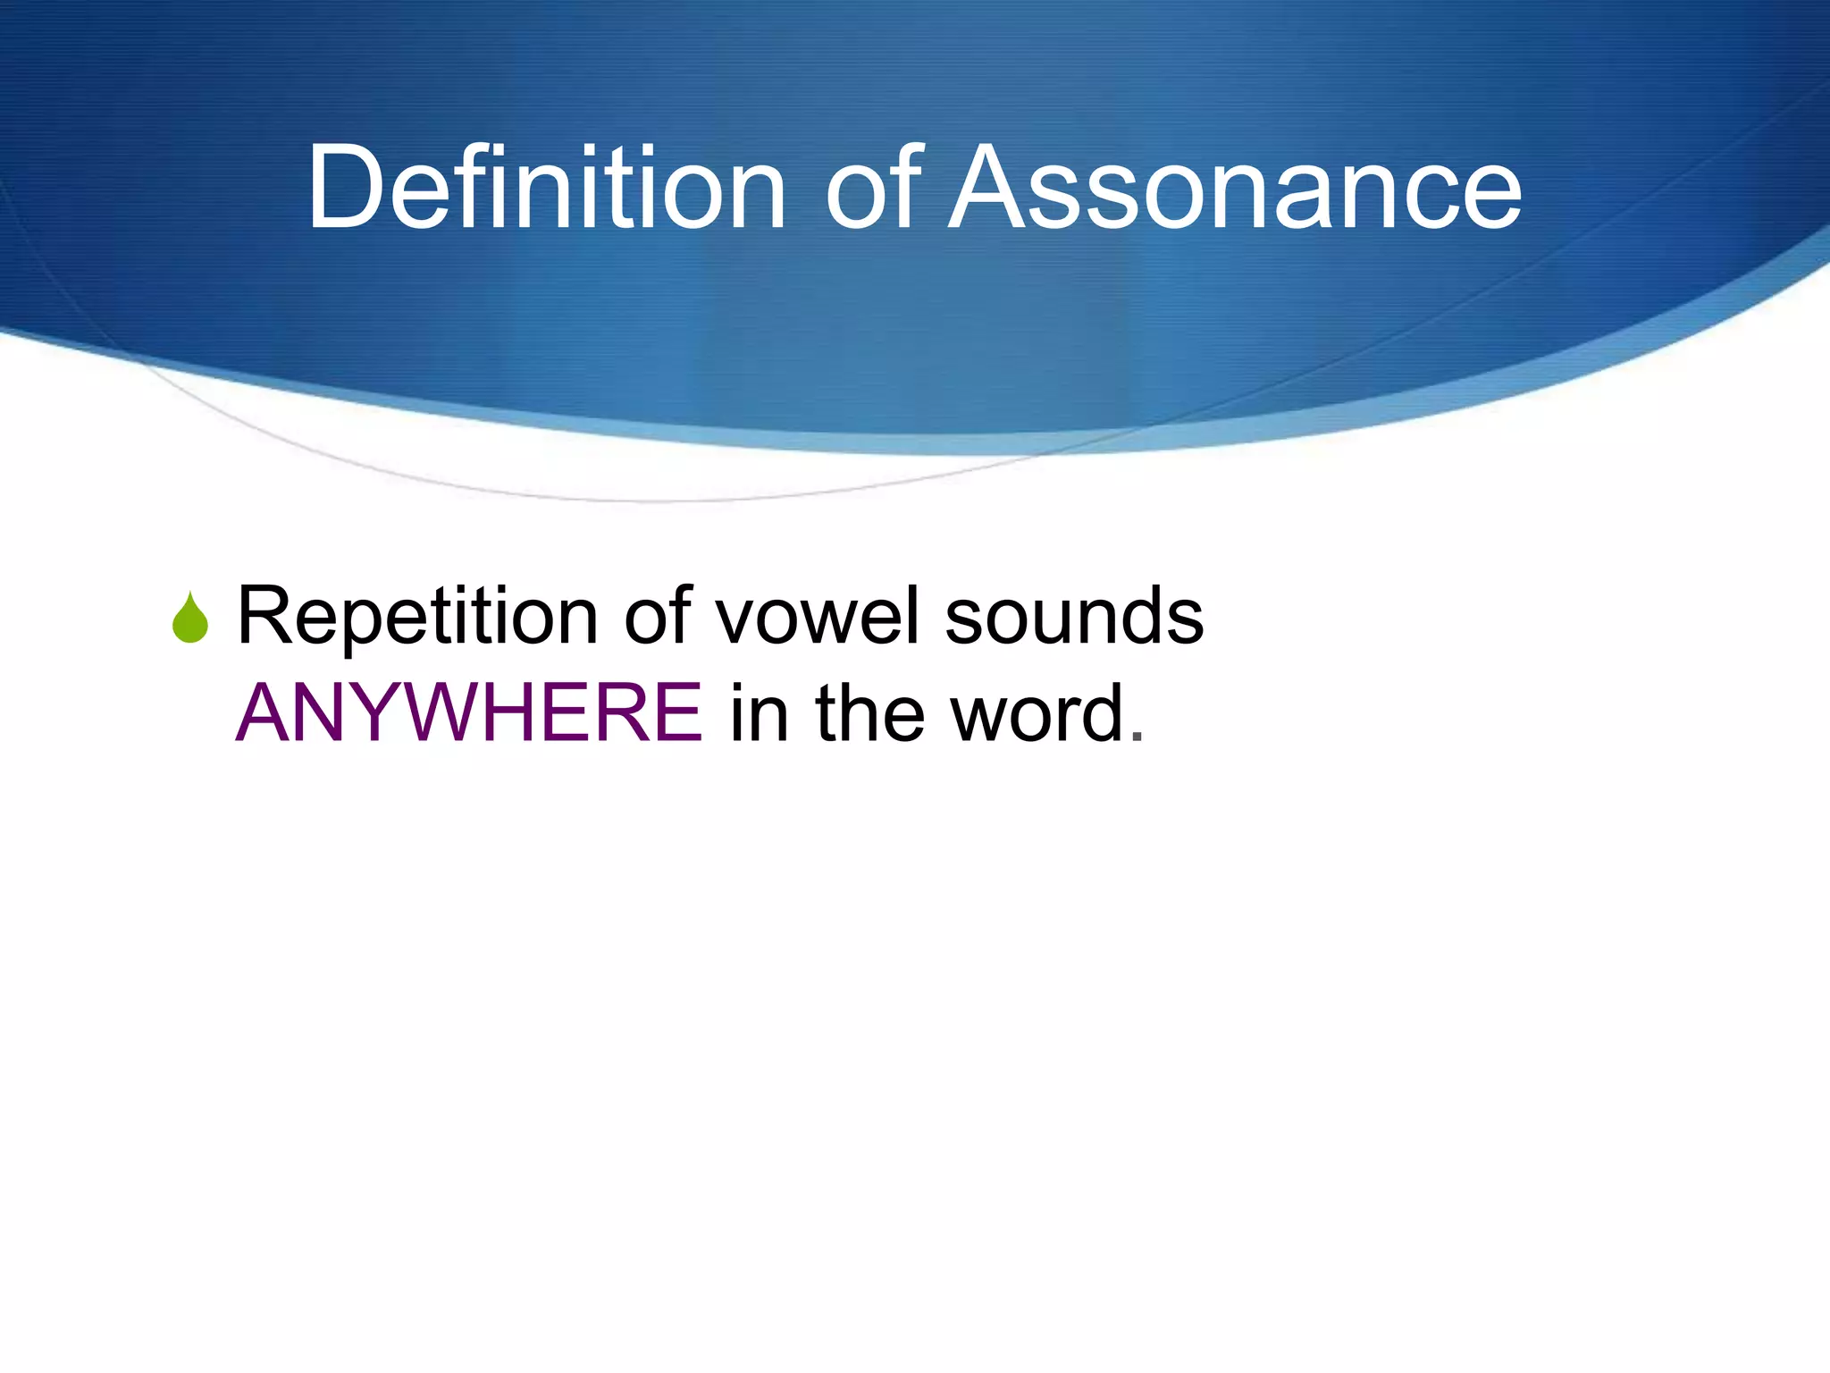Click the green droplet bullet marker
(x=190, y=619)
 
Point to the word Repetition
(x=416, y=617)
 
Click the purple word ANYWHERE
(x=469, y=713)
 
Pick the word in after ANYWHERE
(x=760, y=713)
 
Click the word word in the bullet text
(x=1037, y=713)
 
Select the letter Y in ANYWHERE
(x=392, y=713)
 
